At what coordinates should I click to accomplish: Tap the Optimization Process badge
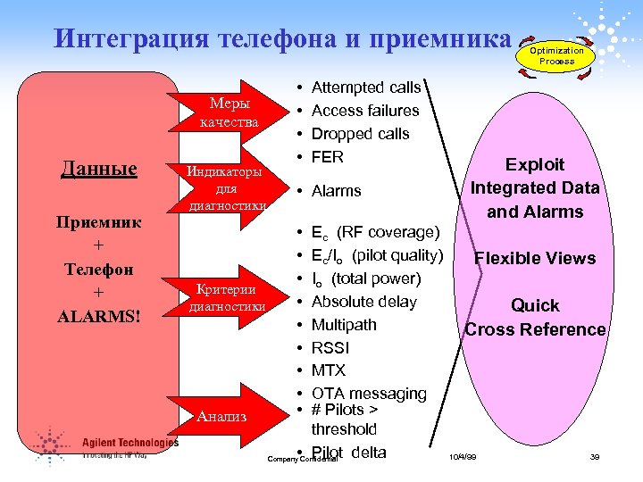556,56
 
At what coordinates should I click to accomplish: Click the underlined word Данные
99,169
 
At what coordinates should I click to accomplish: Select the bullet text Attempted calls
366,87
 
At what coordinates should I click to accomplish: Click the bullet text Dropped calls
360,134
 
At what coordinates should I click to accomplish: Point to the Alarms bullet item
336,191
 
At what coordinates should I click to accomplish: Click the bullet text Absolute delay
363,302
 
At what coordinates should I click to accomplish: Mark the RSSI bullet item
331,348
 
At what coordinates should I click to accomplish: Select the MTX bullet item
328,370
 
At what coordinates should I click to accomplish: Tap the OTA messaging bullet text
369,394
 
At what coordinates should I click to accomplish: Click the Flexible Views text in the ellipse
535,259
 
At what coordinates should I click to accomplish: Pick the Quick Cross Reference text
535,318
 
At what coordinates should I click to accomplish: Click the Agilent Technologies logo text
130,442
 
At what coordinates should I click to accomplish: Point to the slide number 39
594,457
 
